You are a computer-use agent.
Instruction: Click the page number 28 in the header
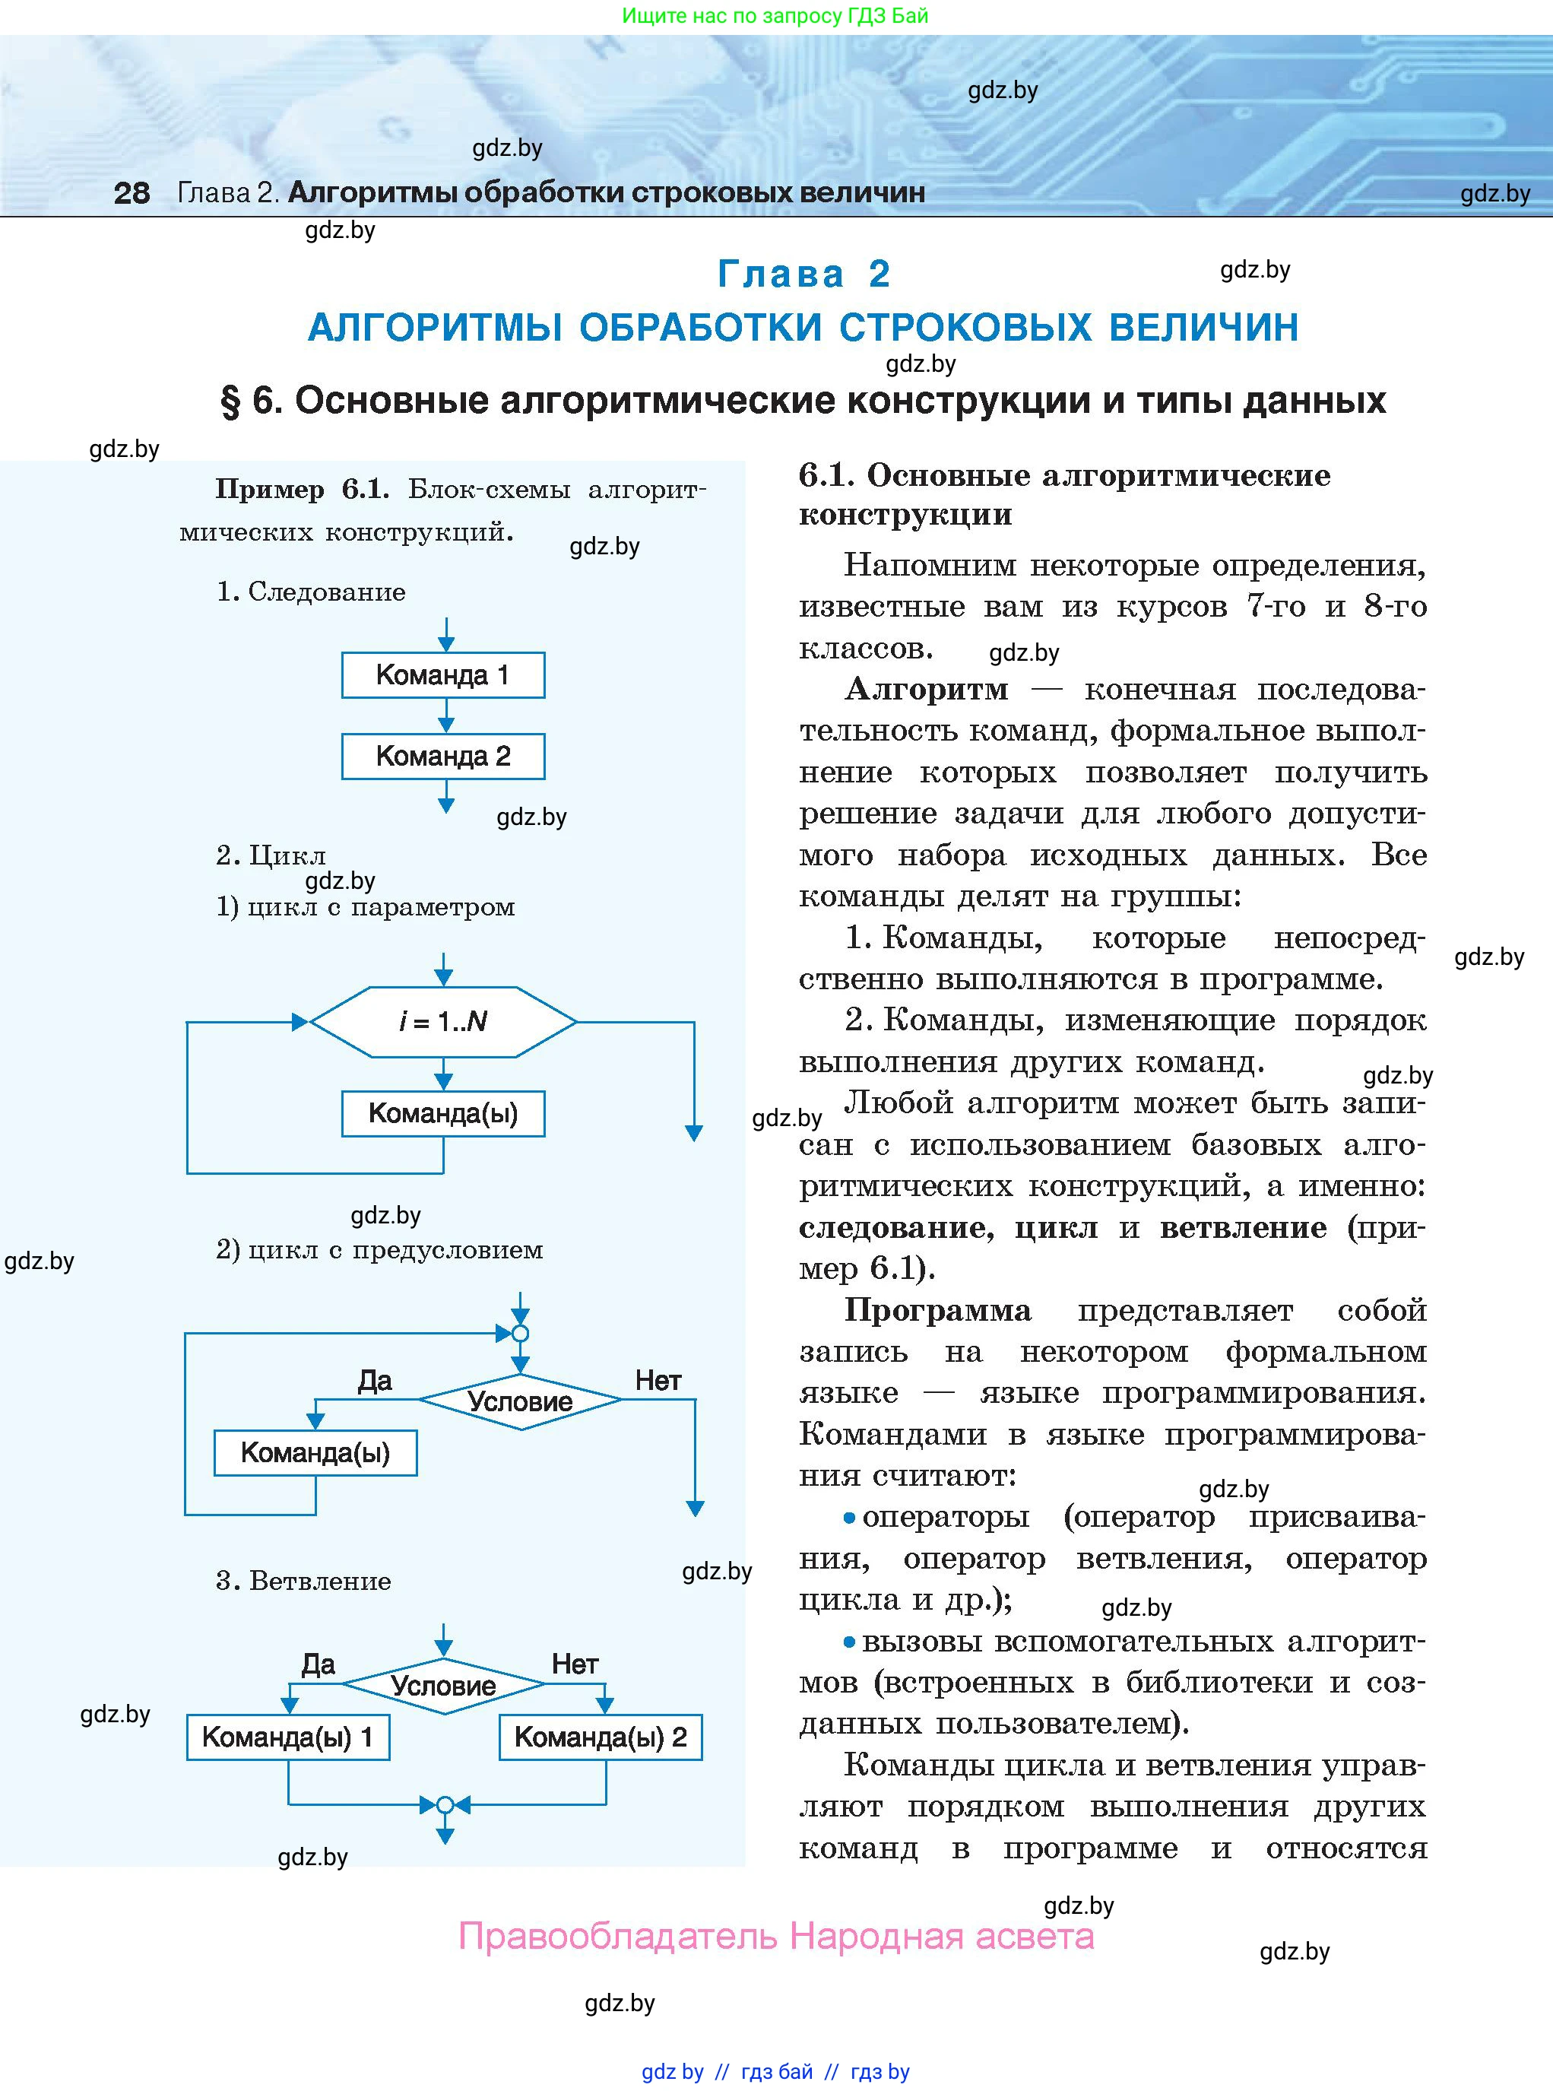coord(132,192)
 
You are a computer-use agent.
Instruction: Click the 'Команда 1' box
coord(442,675)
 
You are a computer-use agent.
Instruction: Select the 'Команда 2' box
coord(442,756)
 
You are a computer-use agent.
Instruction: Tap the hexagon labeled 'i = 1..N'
coord(442,1021)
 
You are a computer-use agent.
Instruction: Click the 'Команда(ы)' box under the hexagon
coord(442,1113)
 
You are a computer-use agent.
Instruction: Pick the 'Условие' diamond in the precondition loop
coord(520,1401)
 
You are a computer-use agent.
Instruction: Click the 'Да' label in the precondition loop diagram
coord(374,1380)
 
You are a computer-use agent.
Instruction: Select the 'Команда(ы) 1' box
coord(287,1737)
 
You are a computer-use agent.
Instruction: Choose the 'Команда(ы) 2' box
coord(600,1737)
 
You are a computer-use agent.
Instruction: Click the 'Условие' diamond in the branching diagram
coord(442,1686)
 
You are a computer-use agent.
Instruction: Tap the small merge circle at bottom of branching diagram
coord(445,1804)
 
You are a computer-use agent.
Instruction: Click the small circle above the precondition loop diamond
coord(520,1333)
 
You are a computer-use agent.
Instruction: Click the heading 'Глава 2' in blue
coord(803,274)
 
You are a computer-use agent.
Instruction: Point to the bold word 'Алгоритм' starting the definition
coord(926,689)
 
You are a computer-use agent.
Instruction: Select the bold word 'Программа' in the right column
coord(937,1309)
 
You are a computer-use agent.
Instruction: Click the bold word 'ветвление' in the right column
coord(1243,1227)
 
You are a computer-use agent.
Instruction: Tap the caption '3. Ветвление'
coord(303,1581)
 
